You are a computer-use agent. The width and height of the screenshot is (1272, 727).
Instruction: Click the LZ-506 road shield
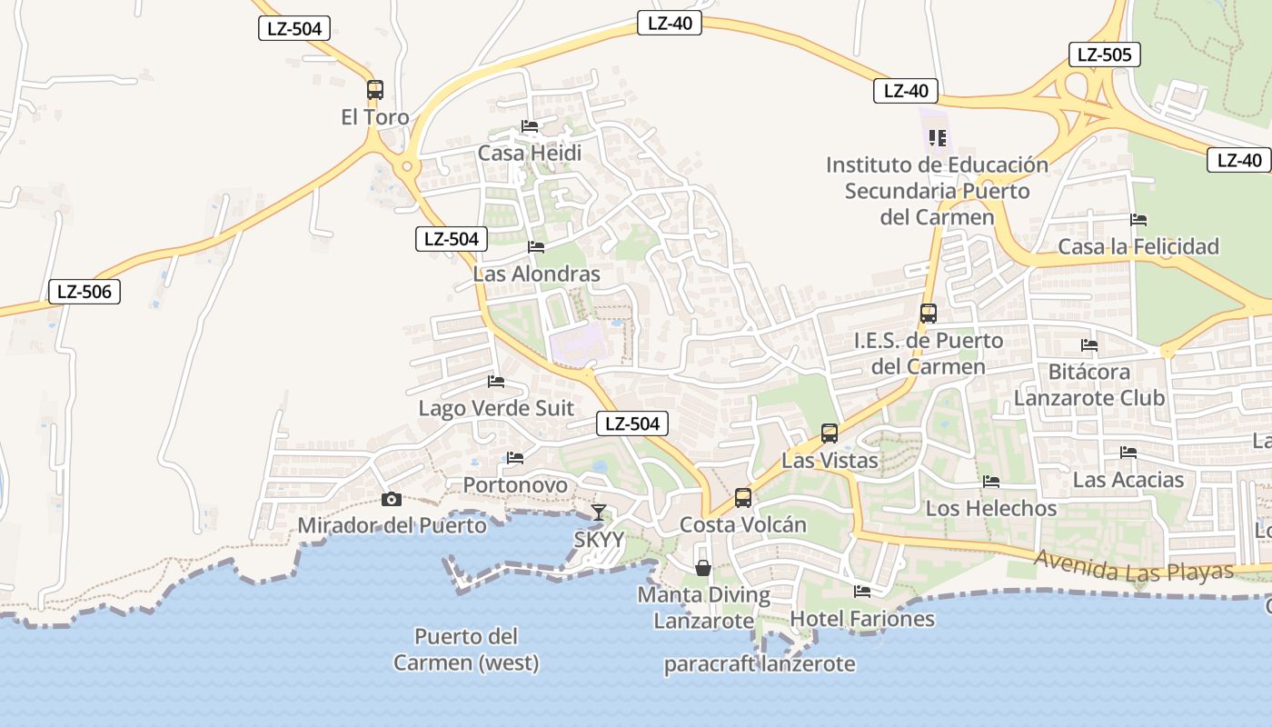click(x=84, y=292)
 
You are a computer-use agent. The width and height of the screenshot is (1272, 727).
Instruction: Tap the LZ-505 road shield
click(x=1104, y=55)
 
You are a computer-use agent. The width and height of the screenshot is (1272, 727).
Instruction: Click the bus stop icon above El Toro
click(x=375, y=90)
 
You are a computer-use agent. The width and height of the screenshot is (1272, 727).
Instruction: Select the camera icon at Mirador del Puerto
click(x=392, y=499)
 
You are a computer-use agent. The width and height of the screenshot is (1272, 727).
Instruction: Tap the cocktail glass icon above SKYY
click(x=599, y=513)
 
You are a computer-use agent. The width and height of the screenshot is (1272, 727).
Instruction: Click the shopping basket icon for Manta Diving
click(x=703, y=568)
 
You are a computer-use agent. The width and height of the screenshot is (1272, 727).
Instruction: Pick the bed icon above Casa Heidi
click(x=530, y=126)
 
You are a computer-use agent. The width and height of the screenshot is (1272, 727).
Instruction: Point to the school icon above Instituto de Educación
click(x=938, y=138)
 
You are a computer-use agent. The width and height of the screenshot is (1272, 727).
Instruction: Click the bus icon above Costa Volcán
click(x=743, y=498)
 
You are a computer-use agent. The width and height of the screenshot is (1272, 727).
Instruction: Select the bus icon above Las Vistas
click(x=830, y=433)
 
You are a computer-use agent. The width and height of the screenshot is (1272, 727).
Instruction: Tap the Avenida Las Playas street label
click(x=1134, y=568)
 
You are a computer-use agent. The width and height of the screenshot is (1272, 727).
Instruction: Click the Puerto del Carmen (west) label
click(x=466, y=649)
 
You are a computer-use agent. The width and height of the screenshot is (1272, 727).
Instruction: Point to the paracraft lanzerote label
click(x=760, y=663)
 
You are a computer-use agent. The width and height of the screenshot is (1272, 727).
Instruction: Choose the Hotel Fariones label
click(x=862, y=619)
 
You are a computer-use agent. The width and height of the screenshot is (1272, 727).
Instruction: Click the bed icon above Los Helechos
click(x=991, y=482)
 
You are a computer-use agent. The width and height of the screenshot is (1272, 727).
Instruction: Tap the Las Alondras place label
click(x=537, y=274)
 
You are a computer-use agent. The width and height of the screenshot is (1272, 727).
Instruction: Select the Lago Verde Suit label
click(x=496, y=408)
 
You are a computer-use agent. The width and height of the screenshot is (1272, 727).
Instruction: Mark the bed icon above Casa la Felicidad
click(x=1138, y=220)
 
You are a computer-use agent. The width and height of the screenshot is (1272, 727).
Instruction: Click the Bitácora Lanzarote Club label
click(x=1089, y=384)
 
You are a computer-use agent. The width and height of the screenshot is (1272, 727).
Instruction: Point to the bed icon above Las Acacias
click(x=1128, y=453)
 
